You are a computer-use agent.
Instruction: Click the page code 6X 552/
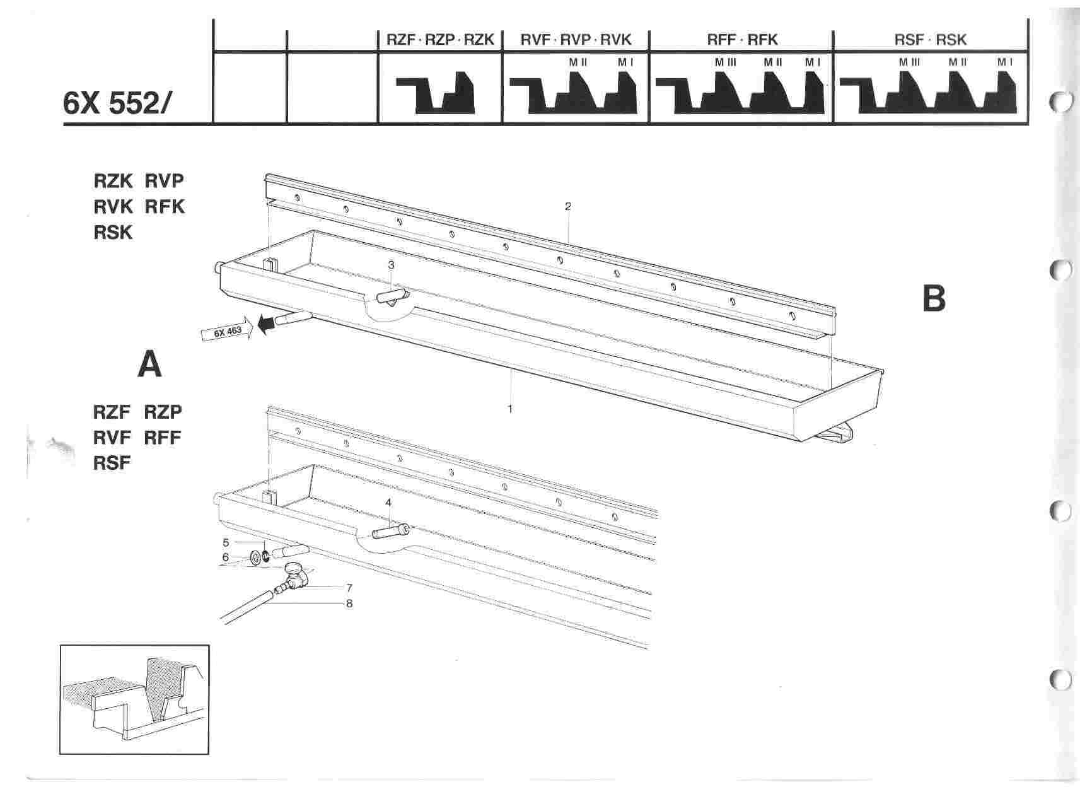(x=117, y=103)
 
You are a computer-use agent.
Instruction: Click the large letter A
(x=149, y=365)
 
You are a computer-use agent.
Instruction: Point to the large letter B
(x=934, y=299)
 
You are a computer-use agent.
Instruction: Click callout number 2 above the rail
(x=568, y=206)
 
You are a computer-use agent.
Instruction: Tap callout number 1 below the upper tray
(x=510, y=409)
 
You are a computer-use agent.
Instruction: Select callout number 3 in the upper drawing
(x=391, y=265)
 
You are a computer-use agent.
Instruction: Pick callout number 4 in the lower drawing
(x=388, y=503)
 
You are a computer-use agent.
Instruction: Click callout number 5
(x=226, y=542)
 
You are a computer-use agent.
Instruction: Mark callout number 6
(x=226, y=557)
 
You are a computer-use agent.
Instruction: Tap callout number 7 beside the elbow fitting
(x=349, y=588)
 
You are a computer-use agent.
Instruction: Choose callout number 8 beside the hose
(x=349, y=604)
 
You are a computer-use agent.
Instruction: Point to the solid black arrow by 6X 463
(x=267, y=323)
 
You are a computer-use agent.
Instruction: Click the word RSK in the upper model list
(x=113, y=233)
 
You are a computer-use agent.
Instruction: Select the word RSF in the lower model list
(x=112, y=464)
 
